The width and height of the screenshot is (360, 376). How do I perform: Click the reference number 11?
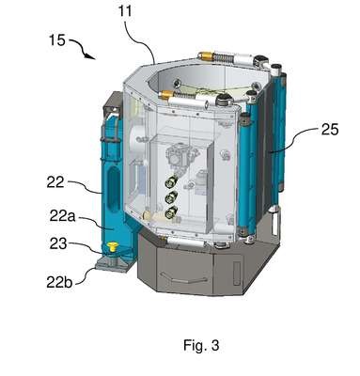pyautogui.click(x=125, y=11)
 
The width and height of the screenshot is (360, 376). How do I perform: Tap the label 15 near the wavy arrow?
pyautogui.click(x=56, y=40)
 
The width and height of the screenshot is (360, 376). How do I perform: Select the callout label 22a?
pyautogui.click(x=62, y=216)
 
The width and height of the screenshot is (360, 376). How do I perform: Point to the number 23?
pyautogui.click(x=58, y=243)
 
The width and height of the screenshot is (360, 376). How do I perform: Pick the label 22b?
pyautogui.click(x=59, y=282)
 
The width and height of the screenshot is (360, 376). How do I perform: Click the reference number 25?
pyautogui.click(x=330, y=130)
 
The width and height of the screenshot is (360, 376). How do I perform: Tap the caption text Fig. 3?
pyautogui.click(x=201, y=345)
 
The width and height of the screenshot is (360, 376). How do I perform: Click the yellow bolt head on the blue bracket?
pyautogui.click(x=112, y=246)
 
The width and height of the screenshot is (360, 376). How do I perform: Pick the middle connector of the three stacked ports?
pyautogui.click(x=172, y=197)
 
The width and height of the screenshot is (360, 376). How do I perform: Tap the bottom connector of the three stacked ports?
pyautogui.click(x=171, y=212)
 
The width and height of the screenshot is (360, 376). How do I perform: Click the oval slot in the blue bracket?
pyautogui.click(x=114, y=190)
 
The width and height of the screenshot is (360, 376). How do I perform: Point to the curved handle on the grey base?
pyautogui.click(x=183, y=277)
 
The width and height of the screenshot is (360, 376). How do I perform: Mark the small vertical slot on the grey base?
pyautogui.click(x=237, y=274)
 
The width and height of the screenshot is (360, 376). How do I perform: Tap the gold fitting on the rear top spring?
pyautogui.click(x=205, y=56)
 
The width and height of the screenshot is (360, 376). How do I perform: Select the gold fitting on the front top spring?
pyautogui.click(x=167, y=94)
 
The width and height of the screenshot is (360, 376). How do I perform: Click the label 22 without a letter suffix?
pyautogui.click(x=55, y=182)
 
